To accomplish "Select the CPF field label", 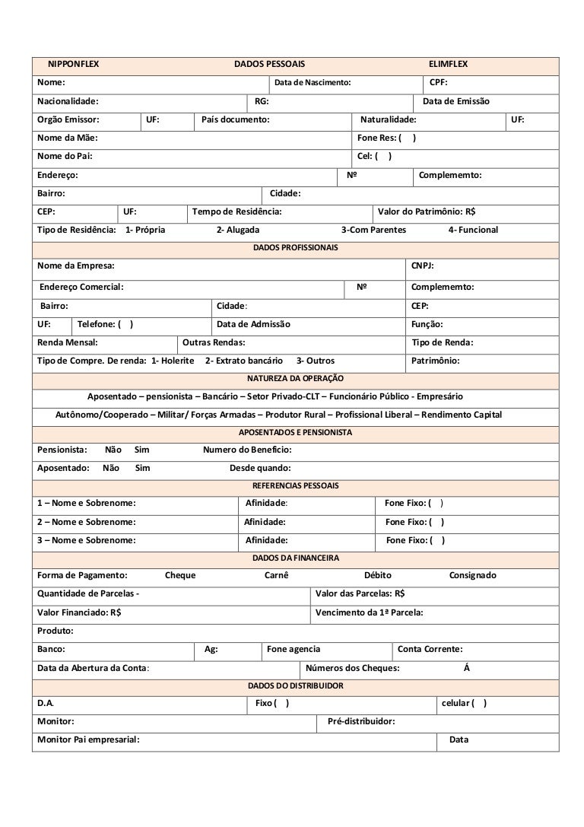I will [439, 82].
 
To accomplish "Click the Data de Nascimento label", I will [313, 82].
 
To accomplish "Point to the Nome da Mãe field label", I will [68, 138].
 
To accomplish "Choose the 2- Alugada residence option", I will [238, 230].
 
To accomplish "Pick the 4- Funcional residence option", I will [473, 230].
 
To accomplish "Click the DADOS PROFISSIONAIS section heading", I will [296, 248].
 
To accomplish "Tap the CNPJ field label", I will [423, 266].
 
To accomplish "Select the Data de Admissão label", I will [254, 324].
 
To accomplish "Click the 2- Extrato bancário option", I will [244, 361].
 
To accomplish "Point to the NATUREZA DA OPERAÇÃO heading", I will [296, 378].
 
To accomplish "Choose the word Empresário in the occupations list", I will [434, 396].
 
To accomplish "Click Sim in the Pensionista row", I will [142, 450].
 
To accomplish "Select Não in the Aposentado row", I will [111, 468].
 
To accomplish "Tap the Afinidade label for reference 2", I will [265, 522].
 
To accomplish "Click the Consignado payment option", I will [472, 576].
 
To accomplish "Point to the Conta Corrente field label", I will [430, 649].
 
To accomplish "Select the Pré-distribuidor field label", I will [361, 721].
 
